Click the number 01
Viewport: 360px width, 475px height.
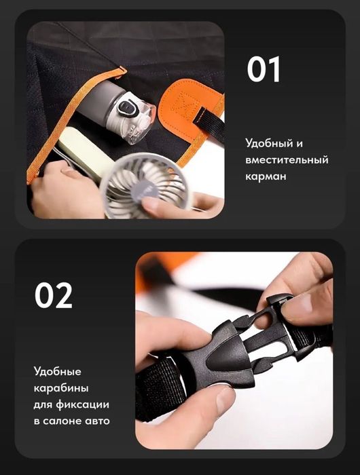pyautogui.click(x=264, y=69)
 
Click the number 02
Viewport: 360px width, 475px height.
pyautogui.click(x=54, y=295)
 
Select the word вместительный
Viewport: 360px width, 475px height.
pyautogui.click(x=287, y=159)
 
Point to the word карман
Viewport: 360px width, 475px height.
pyautogui.click(x=266, y=176)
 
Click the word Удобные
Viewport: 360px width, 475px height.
pyautogui.click(x=57, y=371)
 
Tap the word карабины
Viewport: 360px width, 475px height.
pyautogui.click(x=61, y=388)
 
